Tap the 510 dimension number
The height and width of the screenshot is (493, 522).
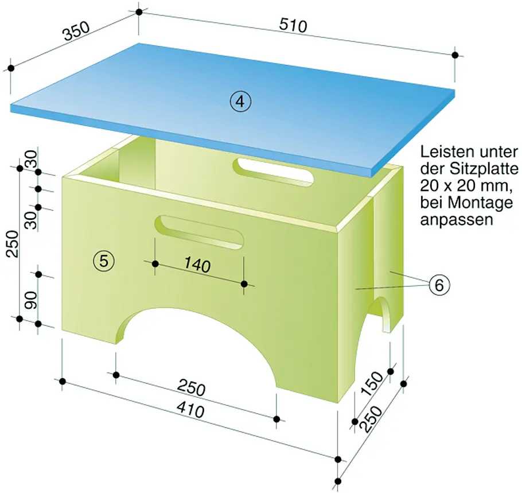tap(293, 25)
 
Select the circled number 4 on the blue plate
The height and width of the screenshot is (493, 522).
tap(241, 102)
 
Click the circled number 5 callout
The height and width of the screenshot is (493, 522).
tap(104, 261)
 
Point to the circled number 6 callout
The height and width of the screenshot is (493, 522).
tap(439, 285)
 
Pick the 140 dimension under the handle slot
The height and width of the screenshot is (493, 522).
tap(197, 265)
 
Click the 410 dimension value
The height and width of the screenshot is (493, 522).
tap(190, 410)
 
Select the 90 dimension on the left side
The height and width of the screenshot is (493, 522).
tap(31, 300)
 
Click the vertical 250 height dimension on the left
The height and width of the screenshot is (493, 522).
tap(13, 243)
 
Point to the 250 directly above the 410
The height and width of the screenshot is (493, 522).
tap(191, 388)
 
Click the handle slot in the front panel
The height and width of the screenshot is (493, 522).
tap(199, 232)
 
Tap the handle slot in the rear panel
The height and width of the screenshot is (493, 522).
tap(274, 170)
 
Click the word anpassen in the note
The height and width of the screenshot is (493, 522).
tap(457, 220)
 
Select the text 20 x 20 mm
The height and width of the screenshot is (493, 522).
tap(465, 186)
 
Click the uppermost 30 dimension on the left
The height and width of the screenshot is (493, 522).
tap(31, 158)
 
